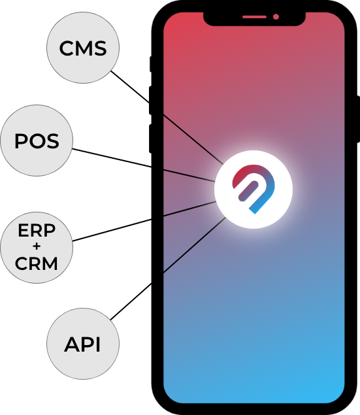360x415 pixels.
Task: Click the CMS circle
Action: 83,48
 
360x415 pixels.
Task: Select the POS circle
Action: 37,141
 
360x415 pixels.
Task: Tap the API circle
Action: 83,344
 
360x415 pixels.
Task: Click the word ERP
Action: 37,230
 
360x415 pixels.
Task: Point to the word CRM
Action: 36,263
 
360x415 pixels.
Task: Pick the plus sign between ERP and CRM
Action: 37,246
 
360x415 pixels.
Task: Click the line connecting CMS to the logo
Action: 167,117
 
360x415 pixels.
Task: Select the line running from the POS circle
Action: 143,165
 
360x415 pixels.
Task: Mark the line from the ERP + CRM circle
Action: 144,222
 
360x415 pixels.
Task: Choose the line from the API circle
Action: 168,269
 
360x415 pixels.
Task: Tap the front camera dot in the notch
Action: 276,17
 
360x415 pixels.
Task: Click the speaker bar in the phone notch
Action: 254,17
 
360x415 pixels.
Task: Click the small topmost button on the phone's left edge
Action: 151,64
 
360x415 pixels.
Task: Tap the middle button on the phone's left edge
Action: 150,100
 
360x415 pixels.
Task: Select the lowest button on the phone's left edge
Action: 150,139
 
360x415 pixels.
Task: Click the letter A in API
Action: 73,344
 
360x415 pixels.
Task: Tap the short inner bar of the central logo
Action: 248,191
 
